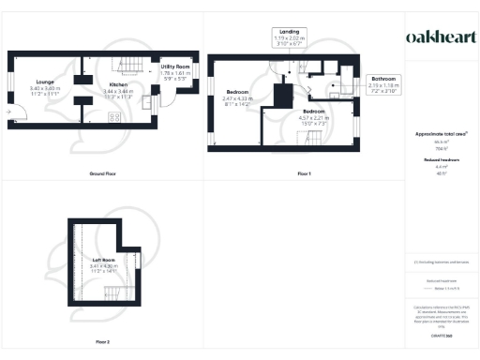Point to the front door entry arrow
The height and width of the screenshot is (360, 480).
[x=9, y=112]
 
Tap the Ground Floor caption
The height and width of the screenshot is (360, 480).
[x=102, y=174]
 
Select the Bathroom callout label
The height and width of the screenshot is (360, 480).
[x=383, y=79]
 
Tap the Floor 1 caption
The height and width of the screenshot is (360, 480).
[x=303, y=174]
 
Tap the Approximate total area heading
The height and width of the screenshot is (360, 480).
[x=440, y=134]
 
